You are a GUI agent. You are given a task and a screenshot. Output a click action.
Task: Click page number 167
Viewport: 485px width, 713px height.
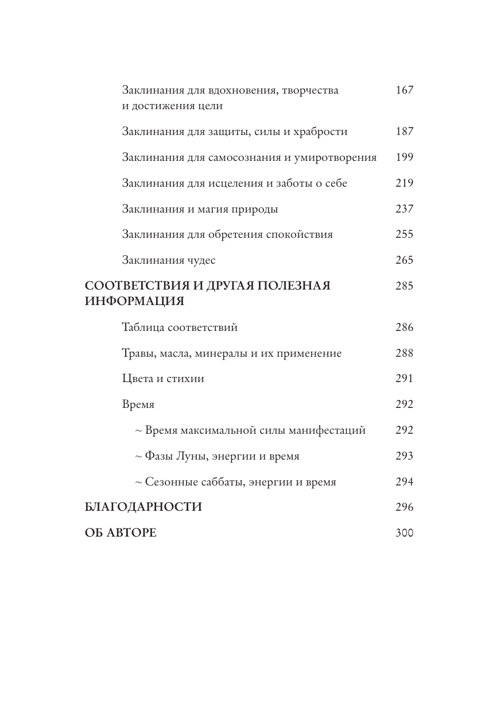tap(404, 90)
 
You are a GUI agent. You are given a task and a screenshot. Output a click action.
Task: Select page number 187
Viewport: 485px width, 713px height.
tap(404, 132)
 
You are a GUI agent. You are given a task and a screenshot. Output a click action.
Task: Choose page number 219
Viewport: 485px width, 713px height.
tap(404, 183)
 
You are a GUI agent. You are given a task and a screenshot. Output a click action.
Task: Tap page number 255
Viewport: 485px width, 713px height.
tap(404, 234)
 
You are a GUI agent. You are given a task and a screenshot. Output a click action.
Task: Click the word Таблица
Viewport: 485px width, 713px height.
tap(143, 327)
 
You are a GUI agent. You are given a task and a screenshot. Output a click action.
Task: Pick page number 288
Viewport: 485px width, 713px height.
tap(404, 353)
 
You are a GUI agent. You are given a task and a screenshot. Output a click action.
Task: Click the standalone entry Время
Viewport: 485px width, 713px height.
tap(138, 404)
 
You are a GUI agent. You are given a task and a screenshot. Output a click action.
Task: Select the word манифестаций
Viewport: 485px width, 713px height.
tap(327, 430)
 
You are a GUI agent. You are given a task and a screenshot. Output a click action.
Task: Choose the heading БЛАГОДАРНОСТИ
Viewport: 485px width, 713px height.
tap(143, 507)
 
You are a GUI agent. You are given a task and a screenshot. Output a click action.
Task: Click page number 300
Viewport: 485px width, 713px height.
tap(404, 533)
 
